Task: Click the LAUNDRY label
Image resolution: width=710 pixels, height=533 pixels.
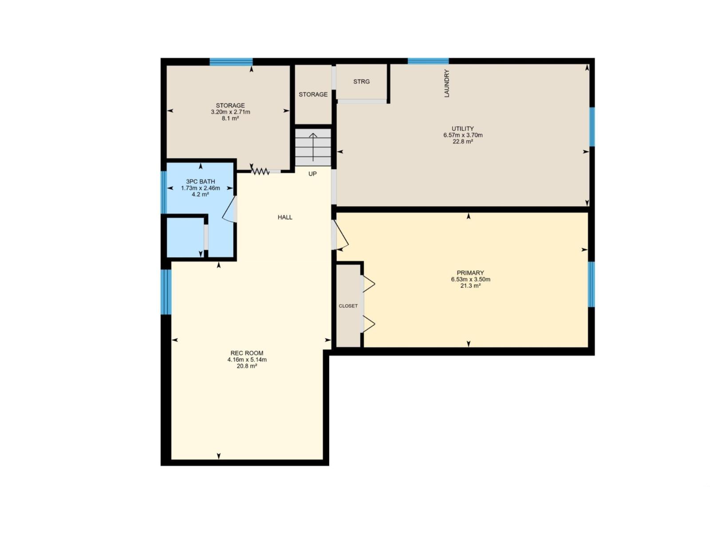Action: point(447,84)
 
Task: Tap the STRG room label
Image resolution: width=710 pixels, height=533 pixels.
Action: point(361,82)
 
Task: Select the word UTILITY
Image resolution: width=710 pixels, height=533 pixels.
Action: point(463,129)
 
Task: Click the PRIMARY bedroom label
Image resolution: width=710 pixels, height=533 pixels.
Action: point(470,273)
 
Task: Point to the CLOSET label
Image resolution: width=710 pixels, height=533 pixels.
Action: point(348,306)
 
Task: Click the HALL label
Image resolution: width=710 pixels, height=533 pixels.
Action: point(285,217)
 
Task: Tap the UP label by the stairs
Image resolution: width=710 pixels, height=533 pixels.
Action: point(312,174)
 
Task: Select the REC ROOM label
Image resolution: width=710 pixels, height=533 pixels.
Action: point(247,353)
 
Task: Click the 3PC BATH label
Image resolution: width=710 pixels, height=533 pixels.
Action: point(201,181)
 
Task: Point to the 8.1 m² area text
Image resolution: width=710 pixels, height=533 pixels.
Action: point(230,119)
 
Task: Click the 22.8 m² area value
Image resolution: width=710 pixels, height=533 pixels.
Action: point(463,142)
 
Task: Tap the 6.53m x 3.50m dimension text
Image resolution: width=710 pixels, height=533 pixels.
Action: point(470,279)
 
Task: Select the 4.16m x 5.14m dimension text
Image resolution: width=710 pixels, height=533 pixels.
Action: point(247,360)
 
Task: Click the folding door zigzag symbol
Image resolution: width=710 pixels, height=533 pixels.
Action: point(260,171)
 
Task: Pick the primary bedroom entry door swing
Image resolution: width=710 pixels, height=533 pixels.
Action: point(341,235)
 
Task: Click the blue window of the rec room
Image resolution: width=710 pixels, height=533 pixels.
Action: point(166,292)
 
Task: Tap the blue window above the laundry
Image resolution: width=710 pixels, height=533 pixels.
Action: point(428,61)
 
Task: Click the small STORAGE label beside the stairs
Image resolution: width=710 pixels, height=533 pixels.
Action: point(313,95)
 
